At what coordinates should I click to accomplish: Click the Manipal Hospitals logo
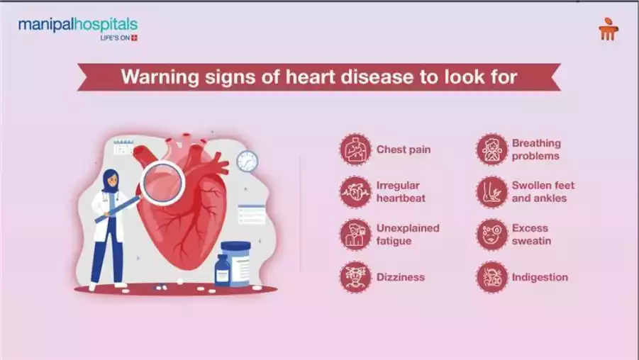(x=78, y=28)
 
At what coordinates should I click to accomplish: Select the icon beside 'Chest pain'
(x=355, y=150)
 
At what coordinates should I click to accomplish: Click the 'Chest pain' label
(x=403, y=150)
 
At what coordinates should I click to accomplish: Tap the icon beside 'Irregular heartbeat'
(x=355, y=192)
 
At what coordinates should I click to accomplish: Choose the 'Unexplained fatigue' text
(x=408, y=235)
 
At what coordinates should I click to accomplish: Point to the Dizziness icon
(x=355, y=277)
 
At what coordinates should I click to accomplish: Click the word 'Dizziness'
(x=401, y=277)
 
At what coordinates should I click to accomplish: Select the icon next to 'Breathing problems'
(x=491, y=150)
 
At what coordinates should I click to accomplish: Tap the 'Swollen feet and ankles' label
(x=543, y=192)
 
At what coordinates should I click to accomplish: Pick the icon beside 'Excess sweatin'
(x=491, y=235)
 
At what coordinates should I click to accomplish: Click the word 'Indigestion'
(x=540, y=277)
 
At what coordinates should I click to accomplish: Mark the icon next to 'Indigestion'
(x=491, y=277)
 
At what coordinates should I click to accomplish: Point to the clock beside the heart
(x=247, y=162)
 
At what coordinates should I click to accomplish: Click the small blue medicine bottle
(x=222, y=270)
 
